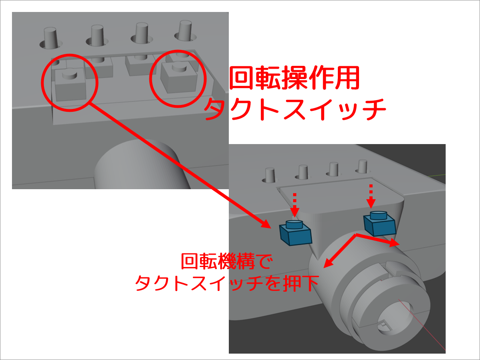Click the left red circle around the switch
click(x=42, y=83)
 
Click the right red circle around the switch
click(x=150, y=79)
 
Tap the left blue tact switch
click(x=296, y=233)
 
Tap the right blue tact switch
click(x=380, y=223)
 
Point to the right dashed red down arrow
click(x=371, y=196)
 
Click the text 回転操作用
click(x=294, y=78)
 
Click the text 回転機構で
click(x=227, y=261)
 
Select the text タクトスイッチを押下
click(x=227, y=283)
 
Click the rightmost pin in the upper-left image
click(x=185, y=31)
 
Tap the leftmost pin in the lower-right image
click(x=270, y=175)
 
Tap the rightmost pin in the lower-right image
click(x=363, y=167)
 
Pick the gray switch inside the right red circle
click(x=179, y=77)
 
